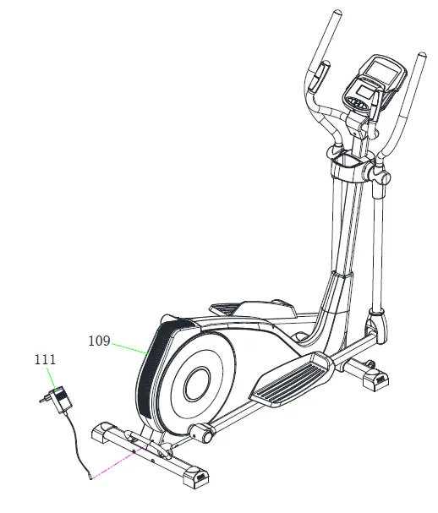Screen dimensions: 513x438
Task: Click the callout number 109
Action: tap(100, 341)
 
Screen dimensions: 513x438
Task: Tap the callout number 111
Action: tap(46, 360)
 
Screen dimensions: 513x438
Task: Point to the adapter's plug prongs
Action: tap(43, 401)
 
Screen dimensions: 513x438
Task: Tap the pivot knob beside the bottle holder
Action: tap(377, 174)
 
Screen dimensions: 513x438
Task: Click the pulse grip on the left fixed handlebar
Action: tap(317, 80)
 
